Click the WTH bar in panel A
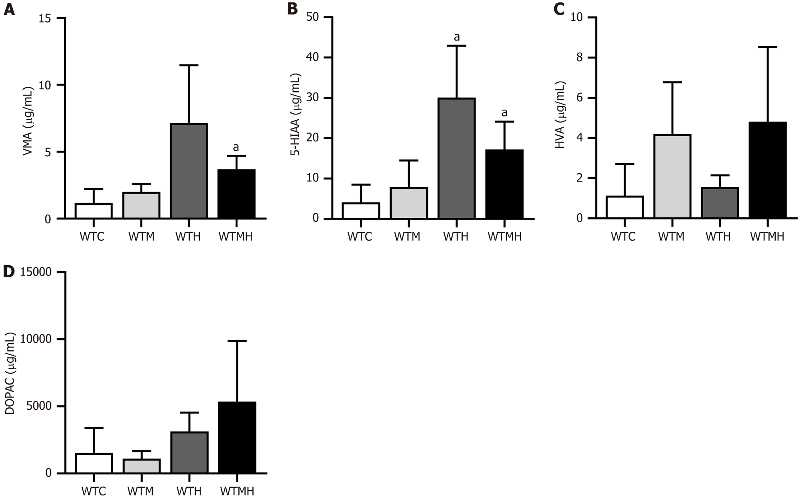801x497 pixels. point(189,171)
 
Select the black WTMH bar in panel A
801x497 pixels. point(237,194)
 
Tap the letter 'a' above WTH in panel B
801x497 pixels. point(456,37)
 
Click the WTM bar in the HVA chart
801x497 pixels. point(672,176)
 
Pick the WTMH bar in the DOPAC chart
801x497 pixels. point(237,437)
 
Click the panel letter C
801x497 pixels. point(559,9)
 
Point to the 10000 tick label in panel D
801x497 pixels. point(36,339)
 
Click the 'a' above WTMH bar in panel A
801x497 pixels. point(236,147)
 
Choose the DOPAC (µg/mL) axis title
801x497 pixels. point(10,373)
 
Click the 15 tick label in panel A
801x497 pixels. point(45,18)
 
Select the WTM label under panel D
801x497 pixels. point(140,491)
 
